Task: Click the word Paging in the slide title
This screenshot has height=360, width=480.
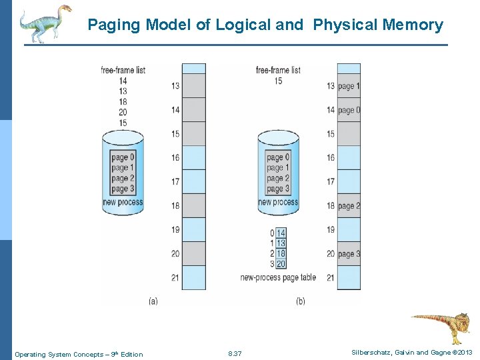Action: (x=115, y=25)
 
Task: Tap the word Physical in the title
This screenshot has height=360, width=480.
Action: (x=345, y=25)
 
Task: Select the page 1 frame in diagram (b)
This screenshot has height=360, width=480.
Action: (x=348, y=86)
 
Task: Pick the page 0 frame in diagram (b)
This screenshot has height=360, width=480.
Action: (x=348, y=110)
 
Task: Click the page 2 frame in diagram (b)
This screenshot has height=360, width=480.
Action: (x=348, y=206)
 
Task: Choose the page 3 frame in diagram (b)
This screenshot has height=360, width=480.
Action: (x=348, y=254)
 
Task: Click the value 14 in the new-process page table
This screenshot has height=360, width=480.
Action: (x=281, y=233)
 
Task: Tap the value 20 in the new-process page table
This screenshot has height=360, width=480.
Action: (x=281, y=264)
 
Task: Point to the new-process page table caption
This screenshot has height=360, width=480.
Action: (x=278, y=277)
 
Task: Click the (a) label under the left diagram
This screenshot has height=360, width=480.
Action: (x=153, y=301)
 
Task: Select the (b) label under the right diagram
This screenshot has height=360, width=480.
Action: (x=300, y=301)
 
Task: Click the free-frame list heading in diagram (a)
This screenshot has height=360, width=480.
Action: (x=123, y=70)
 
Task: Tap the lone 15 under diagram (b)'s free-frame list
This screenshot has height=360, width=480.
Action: (x=278, y=81)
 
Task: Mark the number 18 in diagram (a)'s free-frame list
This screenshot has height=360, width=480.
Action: (x=123, y=102)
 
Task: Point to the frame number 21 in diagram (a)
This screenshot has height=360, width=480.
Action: (x=175, y=277)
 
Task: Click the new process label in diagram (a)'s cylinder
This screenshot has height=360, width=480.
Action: (x=123, y=202)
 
